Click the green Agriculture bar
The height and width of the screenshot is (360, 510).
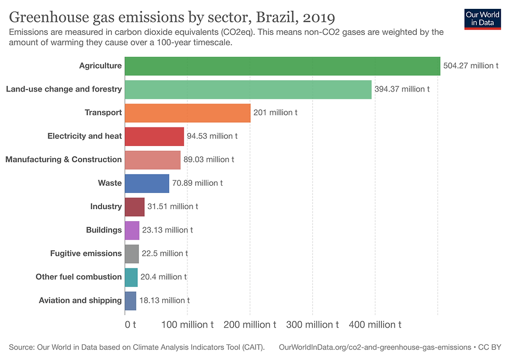tap(282, 66)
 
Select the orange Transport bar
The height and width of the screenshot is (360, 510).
tap(187, 112)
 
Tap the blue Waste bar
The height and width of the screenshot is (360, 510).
tap(147, 183)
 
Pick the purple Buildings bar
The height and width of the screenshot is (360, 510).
tap(132, 230)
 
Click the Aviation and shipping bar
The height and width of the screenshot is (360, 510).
tap(131, 300)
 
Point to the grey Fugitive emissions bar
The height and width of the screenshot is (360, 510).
tap(132, 253)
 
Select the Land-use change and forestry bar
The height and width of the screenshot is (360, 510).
tap(248, 89)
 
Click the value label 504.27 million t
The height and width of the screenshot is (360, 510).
tap(470, 66)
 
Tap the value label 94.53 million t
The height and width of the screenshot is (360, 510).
tap(212, 136)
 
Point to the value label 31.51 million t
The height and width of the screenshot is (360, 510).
tap(173, 207)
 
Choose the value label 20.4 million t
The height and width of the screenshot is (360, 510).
tap(163, 277)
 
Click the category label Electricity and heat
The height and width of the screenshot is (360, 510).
tap(84, 136)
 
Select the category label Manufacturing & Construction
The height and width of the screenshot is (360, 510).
tap(63, 160)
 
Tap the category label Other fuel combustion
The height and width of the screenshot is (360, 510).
tap(79, 277)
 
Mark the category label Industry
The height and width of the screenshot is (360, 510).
tap(106, 207)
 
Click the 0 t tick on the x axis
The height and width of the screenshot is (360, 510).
tap(130, 325)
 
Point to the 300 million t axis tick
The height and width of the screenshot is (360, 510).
tap(312, 325)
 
